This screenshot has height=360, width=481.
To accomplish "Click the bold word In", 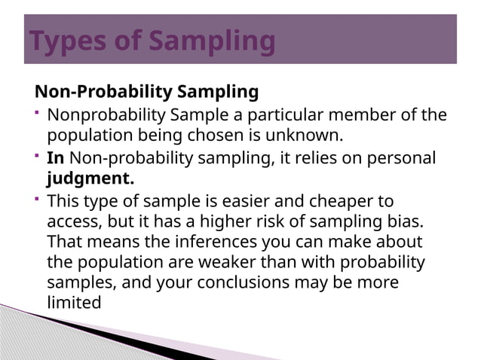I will (55, 159).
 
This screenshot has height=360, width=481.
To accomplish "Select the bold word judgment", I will (90, 181).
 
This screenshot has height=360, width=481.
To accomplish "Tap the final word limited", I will (74, 303).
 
